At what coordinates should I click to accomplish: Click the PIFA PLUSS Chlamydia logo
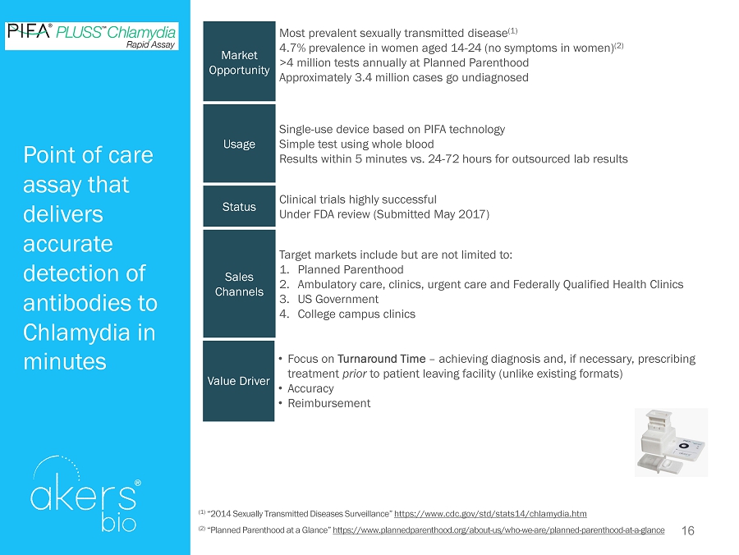(x=91, y=35)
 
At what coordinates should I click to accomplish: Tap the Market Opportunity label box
(x=239, y=62)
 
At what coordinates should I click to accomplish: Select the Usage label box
(x=239, y=144)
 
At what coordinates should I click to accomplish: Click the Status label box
(x=239, y=207)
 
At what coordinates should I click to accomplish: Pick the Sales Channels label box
(x=239, y=284)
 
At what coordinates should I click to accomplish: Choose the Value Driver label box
(x=239, y=381)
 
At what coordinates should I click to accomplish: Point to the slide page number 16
(x=688, y=531)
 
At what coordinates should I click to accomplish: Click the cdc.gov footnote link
(x=490, y=513)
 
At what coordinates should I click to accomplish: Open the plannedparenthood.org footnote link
(x=498, y=531)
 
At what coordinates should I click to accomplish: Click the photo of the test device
(x=671, y=443)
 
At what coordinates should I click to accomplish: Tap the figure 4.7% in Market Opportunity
(x=295, y=48)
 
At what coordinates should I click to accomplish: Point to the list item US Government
(x=337, y=299)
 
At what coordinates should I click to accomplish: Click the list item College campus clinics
(x=356, y=314)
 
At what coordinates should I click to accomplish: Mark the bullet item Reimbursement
(x=328, y=403)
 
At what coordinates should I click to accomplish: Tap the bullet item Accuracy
(x=310, y=388)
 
